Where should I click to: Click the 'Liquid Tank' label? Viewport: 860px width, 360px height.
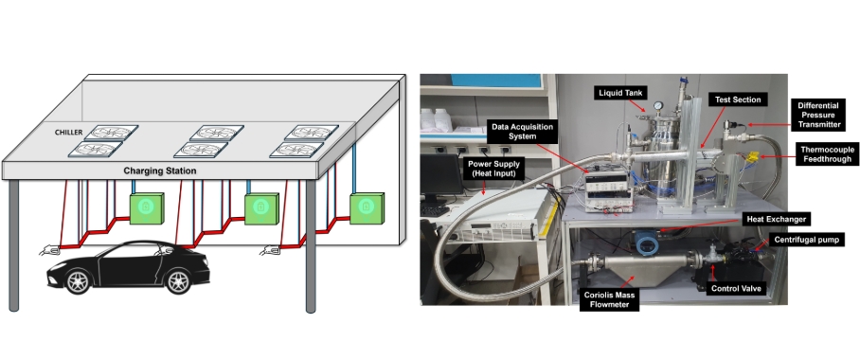[x=620, y=93]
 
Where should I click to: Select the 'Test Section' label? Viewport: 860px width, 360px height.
[x=738, y=99]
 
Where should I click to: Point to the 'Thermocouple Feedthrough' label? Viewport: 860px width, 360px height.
[x=828, y=154]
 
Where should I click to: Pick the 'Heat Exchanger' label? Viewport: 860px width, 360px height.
[x=776, y=220]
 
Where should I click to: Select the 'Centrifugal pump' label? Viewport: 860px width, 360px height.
[x=806, y=240]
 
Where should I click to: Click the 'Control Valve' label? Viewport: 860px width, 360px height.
[x=737, y=288]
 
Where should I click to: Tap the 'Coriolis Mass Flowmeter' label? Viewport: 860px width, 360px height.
[x=609, y=299]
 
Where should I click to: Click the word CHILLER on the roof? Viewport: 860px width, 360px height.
[x=68, y=133]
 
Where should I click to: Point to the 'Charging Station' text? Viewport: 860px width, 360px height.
[x=160, y=171]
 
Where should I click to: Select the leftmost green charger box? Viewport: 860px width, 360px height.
[x=147, y=208]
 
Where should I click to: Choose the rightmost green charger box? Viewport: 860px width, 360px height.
[x=367, y=208]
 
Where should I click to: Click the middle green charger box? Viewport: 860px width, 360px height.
[x=261, y=208]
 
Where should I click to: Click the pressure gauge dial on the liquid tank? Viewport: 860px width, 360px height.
[x=657, y=106]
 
